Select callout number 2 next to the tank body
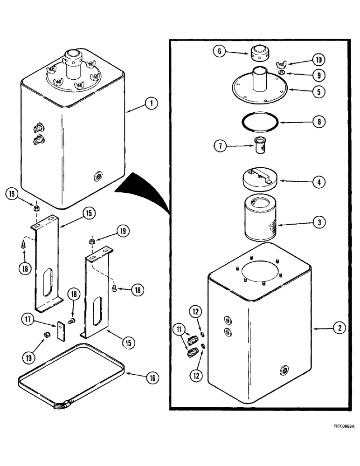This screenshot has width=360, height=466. coord(339,328)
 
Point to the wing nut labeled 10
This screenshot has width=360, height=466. coord(283,64)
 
